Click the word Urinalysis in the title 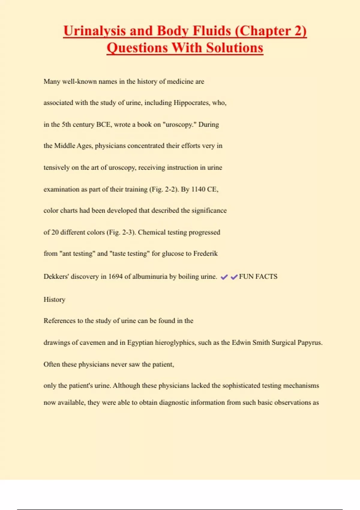[94, 31]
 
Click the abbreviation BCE [103, 124]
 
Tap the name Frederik [205, 254]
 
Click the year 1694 [115, 277]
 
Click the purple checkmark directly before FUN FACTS [234, 277]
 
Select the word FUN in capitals [246, 277]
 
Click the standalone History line [54, 300]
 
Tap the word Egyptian [140, 343]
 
